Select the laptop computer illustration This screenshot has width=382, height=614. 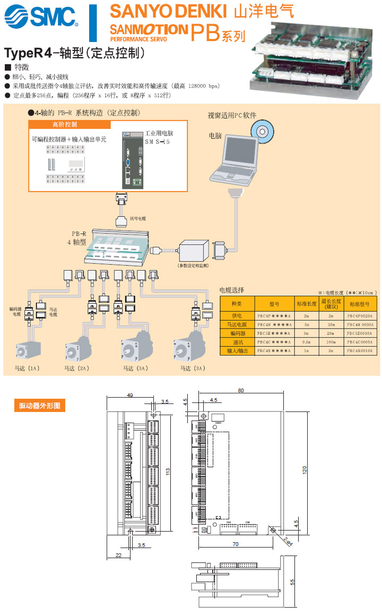[x=238, y=162]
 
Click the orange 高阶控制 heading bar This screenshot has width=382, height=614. [x=70, y=124]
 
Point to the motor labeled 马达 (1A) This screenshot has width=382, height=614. [x=27, y=350]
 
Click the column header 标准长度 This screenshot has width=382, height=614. [x=306, y=304]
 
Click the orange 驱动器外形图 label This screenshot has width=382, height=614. [x=39, y=406]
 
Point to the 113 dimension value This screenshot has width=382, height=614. [x=167, y=470]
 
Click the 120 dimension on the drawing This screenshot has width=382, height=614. [x=305, y=470]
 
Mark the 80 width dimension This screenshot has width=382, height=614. [x=241, y=391]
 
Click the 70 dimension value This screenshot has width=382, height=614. [x=236, y=544]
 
